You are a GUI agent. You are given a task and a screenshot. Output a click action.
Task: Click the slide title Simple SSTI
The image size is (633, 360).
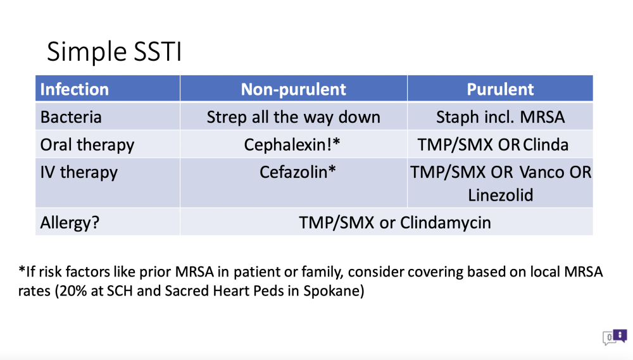(x=114, y=52)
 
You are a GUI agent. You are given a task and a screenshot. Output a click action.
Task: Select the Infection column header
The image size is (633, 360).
(x=75, y=89)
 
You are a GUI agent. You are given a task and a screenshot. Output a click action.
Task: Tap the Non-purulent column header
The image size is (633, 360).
(x=294, y=89)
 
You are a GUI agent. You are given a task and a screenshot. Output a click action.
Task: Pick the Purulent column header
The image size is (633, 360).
(x=500, y=89)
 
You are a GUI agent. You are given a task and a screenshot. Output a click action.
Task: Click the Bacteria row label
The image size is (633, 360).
(x=71, y=117)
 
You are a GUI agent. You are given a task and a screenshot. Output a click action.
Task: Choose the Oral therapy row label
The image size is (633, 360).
(x=87, y=145)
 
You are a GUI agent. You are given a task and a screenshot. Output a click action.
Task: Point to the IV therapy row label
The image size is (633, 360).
(x=79, y=172)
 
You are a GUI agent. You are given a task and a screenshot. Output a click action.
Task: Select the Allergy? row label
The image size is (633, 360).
(x=70, y=222)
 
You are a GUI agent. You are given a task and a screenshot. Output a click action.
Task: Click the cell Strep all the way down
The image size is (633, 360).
(x=294, y=117)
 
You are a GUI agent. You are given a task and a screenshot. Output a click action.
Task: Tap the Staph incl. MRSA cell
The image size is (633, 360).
(x=500, y=117)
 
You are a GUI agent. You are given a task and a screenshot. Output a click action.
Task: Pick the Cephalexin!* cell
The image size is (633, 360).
(x=292, y=145)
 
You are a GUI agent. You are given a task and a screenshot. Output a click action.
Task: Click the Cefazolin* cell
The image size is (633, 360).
(x=298, y=172)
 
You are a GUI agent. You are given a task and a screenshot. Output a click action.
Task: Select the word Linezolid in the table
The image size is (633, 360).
(x=501, y=196)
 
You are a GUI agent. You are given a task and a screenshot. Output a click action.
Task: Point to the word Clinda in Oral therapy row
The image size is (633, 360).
(x=546, y=145)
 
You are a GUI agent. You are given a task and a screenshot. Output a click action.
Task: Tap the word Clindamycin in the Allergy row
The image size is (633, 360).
(x=446, y=223)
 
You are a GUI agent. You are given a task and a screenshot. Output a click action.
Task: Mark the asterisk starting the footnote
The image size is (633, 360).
(x=22, y=269)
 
